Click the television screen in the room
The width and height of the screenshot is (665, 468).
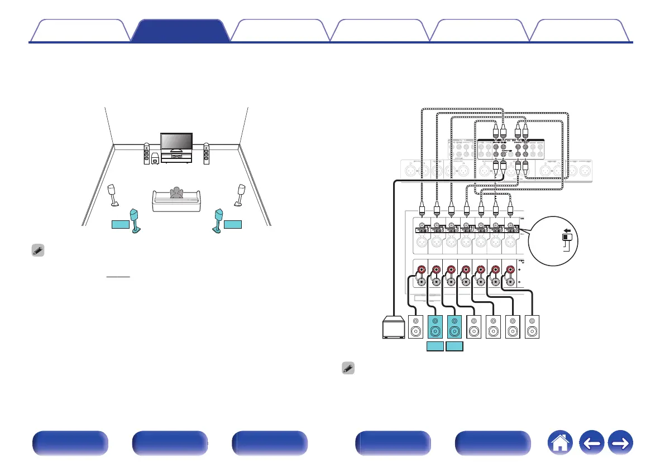pos(176,141)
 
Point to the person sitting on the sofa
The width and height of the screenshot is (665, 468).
pos(176,193)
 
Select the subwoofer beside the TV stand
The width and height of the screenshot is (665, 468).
pos(155,161)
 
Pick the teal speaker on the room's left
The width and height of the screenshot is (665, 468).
pos(135,221)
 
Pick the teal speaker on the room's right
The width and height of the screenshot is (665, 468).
pos(218,221)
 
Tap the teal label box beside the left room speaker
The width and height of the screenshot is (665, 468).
pos(119,224)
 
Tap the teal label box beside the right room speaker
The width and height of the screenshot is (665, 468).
pos(234,224)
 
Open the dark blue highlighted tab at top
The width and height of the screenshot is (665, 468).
pos(180,31)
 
